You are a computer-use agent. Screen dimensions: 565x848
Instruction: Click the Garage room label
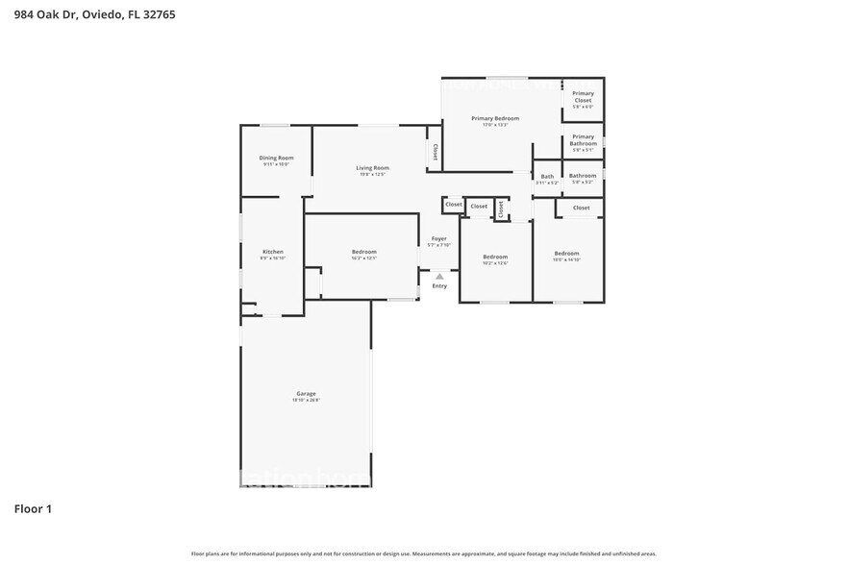coord(306,393)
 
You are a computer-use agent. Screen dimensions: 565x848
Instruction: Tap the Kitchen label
coord(272,252)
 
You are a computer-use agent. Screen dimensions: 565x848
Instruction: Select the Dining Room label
coord(276,158)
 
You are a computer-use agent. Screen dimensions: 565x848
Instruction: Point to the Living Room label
coord(372,167)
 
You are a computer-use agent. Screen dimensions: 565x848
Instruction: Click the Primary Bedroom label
coord(494,118)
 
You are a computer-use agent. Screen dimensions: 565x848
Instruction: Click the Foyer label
coord(438,238)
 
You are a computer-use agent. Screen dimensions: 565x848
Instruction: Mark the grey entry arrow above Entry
coord(439,276)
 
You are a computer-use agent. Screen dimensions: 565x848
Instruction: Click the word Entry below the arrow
coord(439,285)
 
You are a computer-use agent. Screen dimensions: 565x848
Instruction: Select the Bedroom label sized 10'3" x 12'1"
coord(363,252)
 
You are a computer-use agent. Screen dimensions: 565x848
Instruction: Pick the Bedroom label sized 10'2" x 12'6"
coord(495,257)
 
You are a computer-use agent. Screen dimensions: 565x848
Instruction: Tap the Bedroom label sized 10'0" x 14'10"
coord(566,253)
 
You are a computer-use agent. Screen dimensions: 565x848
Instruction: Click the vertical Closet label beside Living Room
coord(435,152)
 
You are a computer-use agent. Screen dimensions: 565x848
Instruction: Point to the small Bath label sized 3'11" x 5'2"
coord(547,176)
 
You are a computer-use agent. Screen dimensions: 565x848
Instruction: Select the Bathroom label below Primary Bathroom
coord(583,176)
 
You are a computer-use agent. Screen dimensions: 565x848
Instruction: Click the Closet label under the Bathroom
coord(582,208)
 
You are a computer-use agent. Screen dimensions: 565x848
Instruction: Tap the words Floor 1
coord(33,508)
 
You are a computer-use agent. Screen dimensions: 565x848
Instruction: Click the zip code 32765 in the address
coord(159,14)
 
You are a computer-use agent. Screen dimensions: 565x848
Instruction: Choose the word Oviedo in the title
coord(101,14)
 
